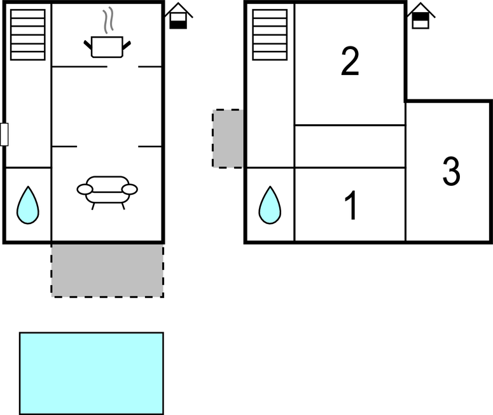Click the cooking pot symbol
click(107, 46)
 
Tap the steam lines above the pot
click(109, 20)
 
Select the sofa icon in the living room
click(107, 189)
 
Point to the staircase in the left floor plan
click(28, 34)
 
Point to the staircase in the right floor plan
click(270, 34)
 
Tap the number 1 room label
click(351, 206)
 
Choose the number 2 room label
click(350, 62)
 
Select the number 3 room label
click(451, 172)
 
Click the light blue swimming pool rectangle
click(91, 373)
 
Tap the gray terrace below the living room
click(107, 270)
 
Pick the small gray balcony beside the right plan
click(228, 138)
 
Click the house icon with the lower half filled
click(179, 17)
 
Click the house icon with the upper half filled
click(420, 17)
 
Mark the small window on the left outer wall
click(4, 134)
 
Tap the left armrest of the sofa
click(85, 189)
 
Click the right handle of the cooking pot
click(127, 44)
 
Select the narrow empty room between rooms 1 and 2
click(350, 146)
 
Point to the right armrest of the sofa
click(130, 189)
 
